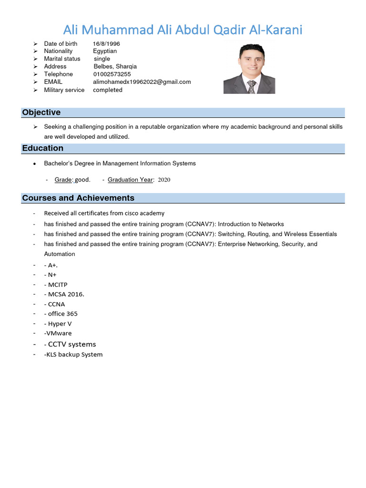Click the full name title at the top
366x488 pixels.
[183, 30]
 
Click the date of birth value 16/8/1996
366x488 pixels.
[106, 43]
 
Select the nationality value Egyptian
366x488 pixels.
[105, 51]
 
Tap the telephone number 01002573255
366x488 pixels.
[112, 74]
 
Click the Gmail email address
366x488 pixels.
[142, 82]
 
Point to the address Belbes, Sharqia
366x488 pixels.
[115, 67]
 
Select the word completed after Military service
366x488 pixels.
[108, 90]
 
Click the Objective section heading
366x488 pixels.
[41, 112]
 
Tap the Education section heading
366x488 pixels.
[43, 148]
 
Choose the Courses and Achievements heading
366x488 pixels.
[78, 198]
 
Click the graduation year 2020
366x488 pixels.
[163, 180]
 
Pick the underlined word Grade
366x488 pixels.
[63, 180]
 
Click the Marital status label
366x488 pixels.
[62, 59]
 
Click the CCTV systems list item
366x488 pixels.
[72, 344]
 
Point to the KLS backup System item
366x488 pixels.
[73, 355]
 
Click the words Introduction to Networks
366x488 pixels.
[251, 224]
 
